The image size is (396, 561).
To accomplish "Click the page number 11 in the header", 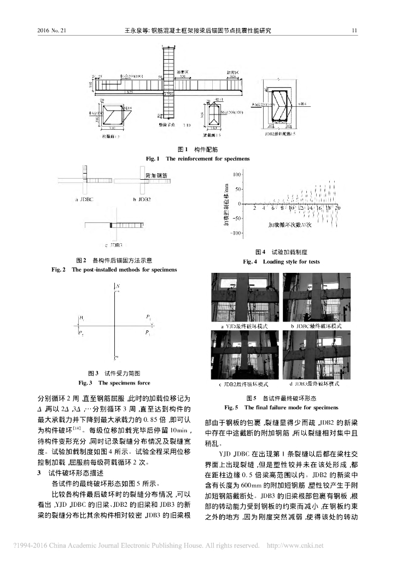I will [355, 31].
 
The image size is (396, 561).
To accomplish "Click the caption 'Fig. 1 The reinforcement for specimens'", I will [197, 158].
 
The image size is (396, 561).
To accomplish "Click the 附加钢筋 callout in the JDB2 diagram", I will [156, 175].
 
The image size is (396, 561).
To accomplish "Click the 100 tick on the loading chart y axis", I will [236, 175].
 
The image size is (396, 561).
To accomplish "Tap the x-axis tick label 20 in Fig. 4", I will [337, 208].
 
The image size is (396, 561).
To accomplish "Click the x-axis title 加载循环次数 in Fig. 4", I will [289, 224].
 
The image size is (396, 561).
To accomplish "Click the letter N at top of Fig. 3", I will [118, 287].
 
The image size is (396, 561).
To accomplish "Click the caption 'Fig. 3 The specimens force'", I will [114, 382].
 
